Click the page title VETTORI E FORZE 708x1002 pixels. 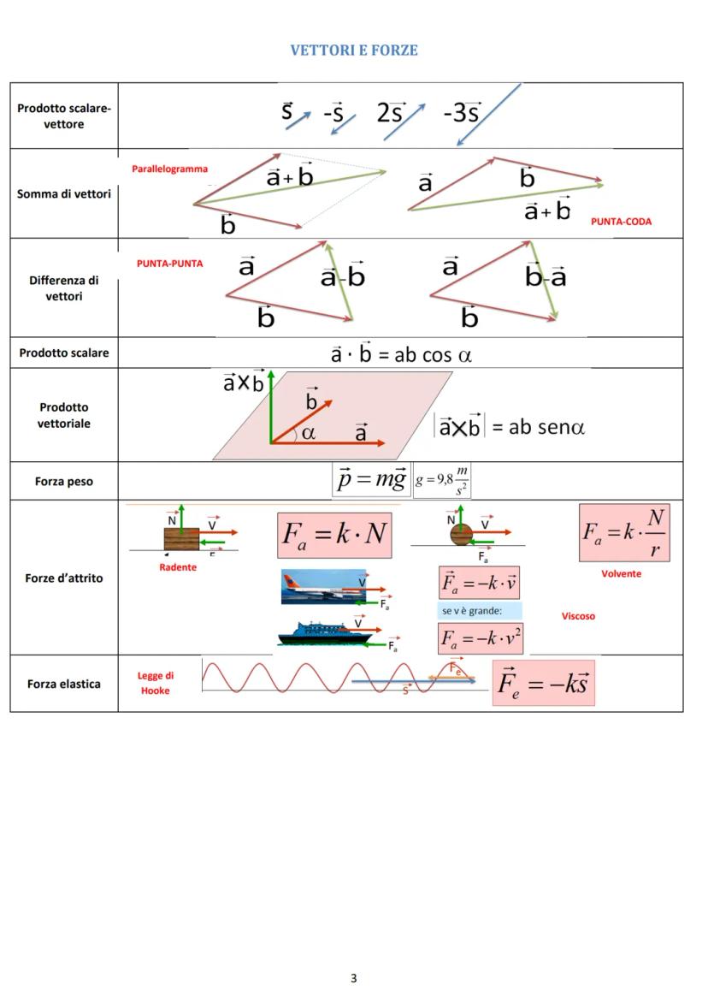point(354,50)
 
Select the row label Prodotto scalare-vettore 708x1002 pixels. point(64,116)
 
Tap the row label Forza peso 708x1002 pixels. point(64,482)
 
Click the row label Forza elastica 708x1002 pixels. point(64,684)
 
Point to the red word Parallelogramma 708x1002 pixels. point(169,169)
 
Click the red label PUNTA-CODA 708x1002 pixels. point(621,222)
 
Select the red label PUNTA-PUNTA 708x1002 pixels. point(170,264)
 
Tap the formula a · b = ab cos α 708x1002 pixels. point(401,353)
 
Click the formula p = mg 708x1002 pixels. point(370,479)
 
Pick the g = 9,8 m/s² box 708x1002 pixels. point(442,481)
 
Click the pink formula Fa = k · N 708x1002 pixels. point(334,535)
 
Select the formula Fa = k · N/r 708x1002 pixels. point(624,532)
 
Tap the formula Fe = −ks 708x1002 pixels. point(543,683)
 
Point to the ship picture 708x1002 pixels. point(323,634)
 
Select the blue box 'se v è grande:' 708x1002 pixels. point(480,611)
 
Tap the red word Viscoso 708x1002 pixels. point(578,616)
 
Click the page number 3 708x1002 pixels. point(354,978)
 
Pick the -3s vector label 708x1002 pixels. point(462,113)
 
